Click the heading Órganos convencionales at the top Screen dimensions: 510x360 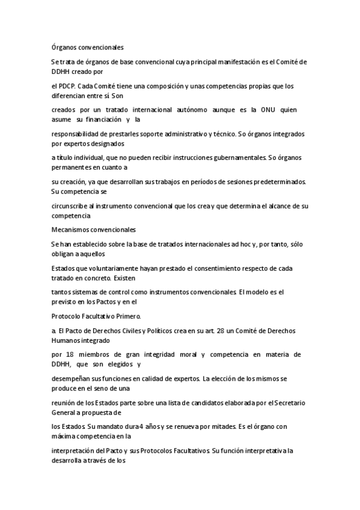pos(87,46)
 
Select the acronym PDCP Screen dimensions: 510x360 pos(68,86)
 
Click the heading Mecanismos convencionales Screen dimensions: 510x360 pos(94,229)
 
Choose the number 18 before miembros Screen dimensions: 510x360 pos(69,355)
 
